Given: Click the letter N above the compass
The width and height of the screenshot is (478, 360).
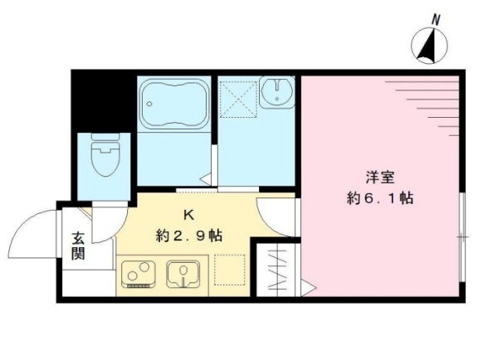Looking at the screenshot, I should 436,18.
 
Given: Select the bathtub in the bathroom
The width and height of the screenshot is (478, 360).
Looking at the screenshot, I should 173,103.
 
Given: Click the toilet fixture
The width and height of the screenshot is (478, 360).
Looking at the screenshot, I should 105,160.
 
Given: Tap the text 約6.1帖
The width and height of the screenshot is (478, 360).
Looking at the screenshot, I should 381,199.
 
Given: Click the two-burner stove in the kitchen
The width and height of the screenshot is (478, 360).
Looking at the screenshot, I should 138,274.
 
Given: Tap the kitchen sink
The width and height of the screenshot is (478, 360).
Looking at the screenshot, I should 183,273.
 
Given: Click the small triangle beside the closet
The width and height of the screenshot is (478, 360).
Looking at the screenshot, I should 308,289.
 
